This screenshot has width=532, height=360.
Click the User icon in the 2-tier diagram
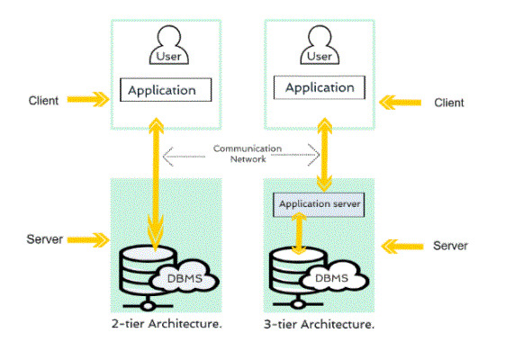[x=169, y=45]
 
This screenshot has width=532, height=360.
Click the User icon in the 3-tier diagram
[x=320, y=45]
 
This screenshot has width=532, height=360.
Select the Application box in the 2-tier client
[x=166, y=90]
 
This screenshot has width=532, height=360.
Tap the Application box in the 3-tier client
[x=320, y=87]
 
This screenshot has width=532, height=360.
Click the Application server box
[x=319, y=204]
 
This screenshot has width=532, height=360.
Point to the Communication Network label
[x=248, y=154]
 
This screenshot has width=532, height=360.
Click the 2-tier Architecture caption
[x=167, y=324]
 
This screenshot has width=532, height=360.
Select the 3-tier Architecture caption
[x=320, y=324]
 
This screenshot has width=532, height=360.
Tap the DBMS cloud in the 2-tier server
[x=185, y=276]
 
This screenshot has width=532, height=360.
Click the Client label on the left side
[x=43, y=101]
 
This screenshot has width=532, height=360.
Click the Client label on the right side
[x=449, y=103]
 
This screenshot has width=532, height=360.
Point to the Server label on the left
[x=45, y=239]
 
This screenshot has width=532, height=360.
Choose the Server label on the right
[x=451, y=246]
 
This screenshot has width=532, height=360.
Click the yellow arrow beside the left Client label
[x=88, y=99]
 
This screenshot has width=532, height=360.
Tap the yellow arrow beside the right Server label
[x=402, y=247]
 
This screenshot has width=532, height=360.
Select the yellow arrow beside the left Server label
[x=88, y=240]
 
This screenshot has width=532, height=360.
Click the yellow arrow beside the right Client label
[x=401, y=103]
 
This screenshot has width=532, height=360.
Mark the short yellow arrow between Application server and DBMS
[x=299, y=233]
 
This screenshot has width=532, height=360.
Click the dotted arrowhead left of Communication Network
[x=168, y=157]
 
